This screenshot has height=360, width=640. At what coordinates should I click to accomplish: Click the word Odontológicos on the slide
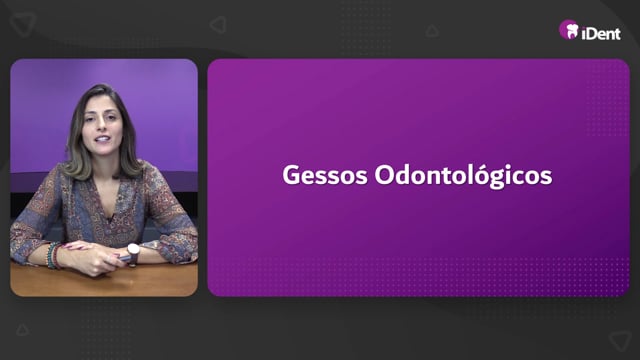[463, 176]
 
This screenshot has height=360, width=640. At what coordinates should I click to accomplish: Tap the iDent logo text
[601, 33]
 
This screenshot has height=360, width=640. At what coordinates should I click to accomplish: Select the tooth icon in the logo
[572, 31]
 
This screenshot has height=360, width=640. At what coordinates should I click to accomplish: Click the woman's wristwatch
[133, 250]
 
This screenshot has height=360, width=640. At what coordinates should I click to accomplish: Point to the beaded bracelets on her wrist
[53, 256]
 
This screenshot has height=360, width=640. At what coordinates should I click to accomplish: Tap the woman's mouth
[102, 139]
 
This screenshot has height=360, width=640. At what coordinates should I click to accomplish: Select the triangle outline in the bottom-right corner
[620, 339]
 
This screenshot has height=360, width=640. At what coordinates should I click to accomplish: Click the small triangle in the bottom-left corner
[22, 330]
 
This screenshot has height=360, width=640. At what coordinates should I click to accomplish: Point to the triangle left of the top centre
[218, 24]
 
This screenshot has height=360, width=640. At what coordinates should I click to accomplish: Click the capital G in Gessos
[291, 175]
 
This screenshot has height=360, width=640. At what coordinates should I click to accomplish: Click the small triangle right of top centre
[432, 31]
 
